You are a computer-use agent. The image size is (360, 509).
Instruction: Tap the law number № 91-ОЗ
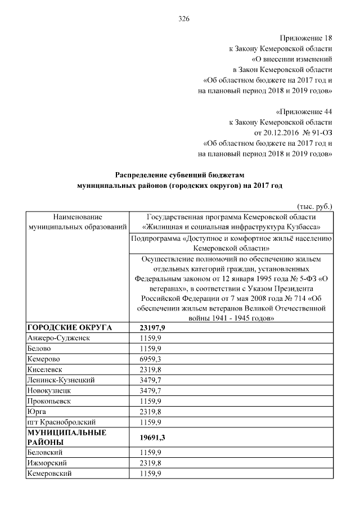coord(317,132)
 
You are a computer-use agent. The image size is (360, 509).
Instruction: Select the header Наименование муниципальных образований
coord(78,221)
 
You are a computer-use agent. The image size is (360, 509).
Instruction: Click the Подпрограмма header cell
coord(231,242)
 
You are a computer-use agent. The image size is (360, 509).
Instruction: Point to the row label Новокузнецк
coord(50,390)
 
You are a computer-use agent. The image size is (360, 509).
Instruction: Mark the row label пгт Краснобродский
coord(61,421)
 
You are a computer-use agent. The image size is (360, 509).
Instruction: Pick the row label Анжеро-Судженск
coord(58,338)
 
